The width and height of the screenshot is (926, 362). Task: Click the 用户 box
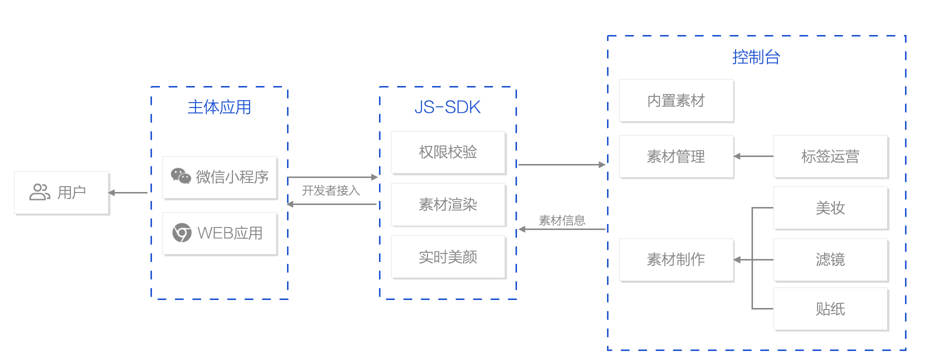tap(61, 193)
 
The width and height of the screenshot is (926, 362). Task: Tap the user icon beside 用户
tap(40, 192)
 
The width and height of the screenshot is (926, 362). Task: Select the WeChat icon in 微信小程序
tap(180, 176)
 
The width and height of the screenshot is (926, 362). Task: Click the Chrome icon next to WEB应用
tap(181, 232)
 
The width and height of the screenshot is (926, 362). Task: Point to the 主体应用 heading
tap(219, 107)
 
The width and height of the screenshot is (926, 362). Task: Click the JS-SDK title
tap(447, 107)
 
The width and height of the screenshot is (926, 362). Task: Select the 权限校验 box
tap(448, 152)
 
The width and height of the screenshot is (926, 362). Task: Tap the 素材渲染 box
tap(448, 204)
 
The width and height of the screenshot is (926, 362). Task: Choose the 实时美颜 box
tap(448, 257)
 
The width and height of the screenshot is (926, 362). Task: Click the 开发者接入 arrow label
tap(330, 190)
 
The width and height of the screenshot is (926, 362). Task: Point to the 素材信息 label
tap(562, 220)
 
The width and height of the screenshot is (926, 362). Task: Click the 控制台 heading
tap(756, 57)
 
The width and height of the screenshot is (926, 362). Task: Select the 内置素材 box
tap(676, 100)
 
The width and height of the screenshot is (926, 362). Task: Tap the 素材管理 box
tap(676, 156)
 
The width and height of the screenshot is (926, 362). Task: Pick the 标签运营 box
tap(830, 156)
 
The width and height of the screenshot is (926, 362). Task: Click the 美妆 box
tap(830, 208)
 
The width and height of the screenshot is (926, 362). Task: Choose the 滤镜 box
tap(830, 259)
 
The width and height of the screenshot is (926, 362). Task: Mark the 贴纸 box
tap(830, 309)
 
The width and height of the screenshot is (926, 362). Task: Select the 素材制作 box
tap(676, 259)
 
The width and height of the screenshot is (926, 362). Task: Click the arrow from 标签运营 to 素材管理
tap(753, 156)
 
